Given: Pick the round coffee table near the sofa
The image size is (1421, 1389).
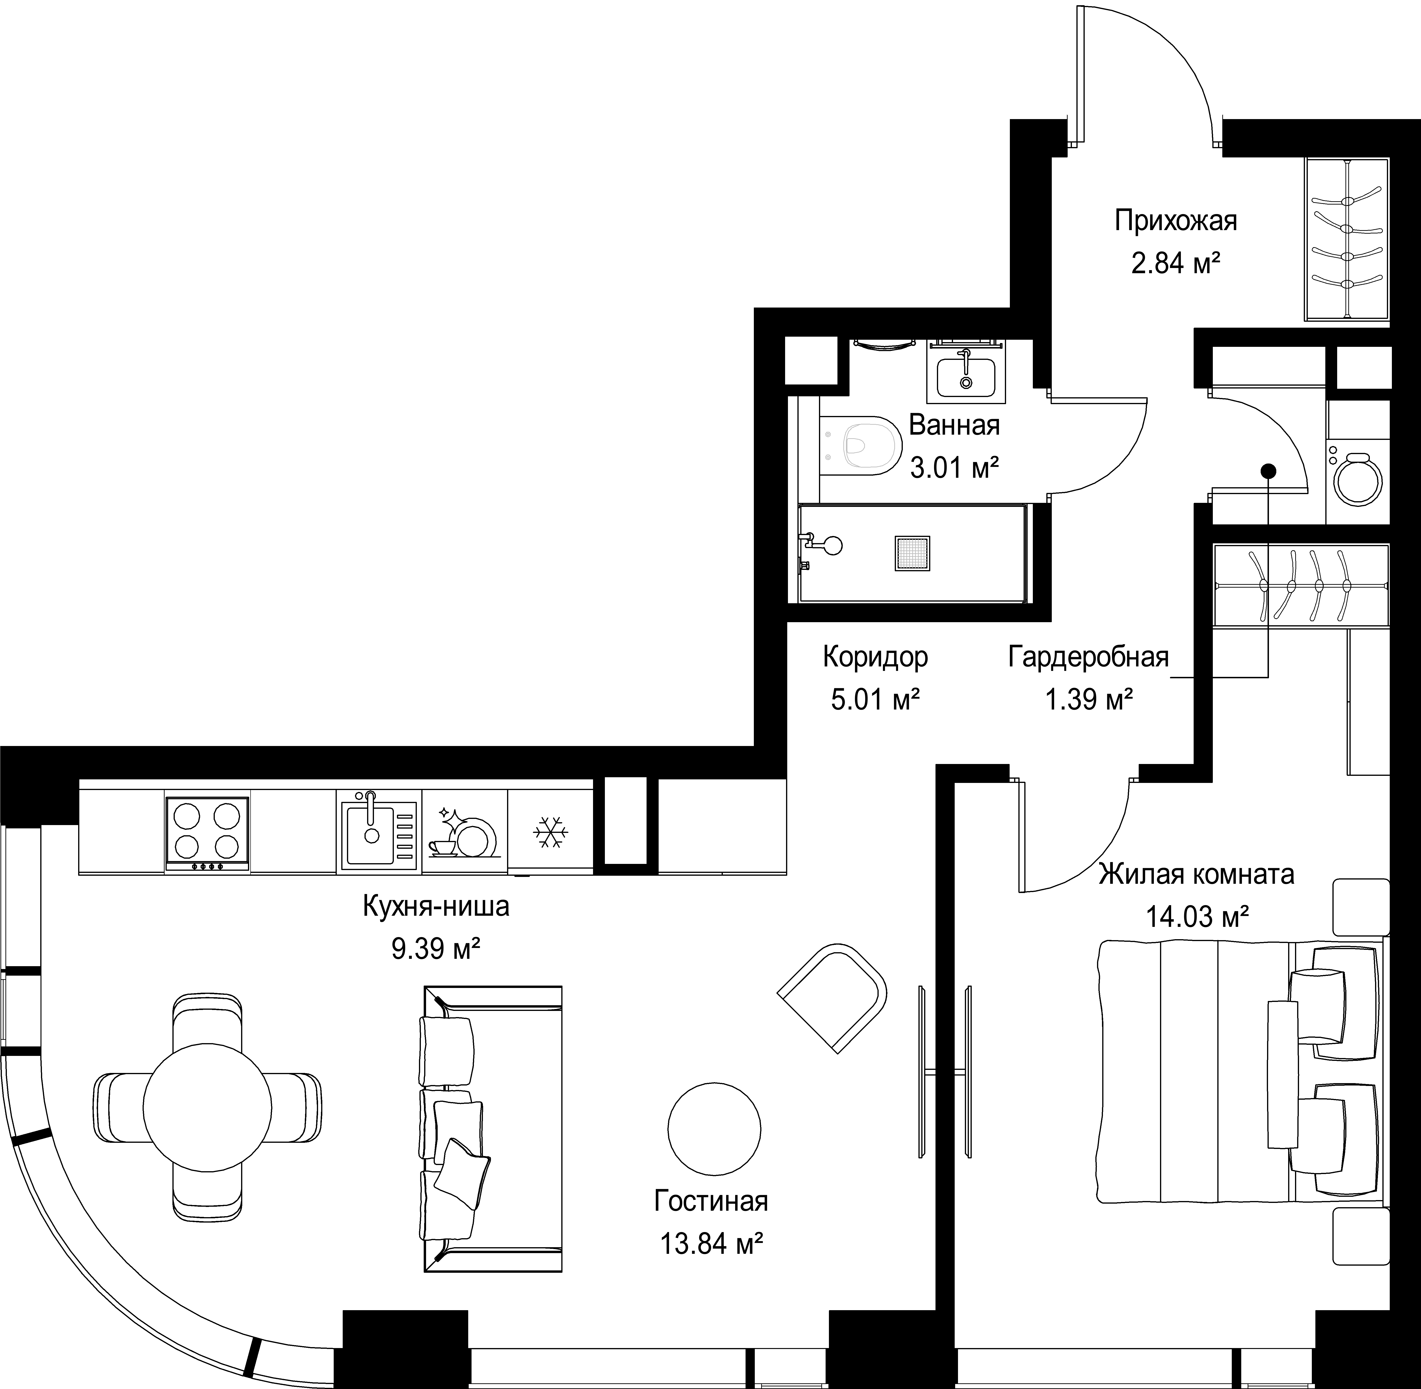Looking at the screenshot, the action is (714, 1129).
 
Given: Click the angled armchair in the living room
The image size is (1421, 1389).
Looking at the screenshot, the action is (832, 997).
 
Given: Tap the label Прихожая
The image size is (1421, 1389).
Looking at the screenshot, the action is (1176, 220).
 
